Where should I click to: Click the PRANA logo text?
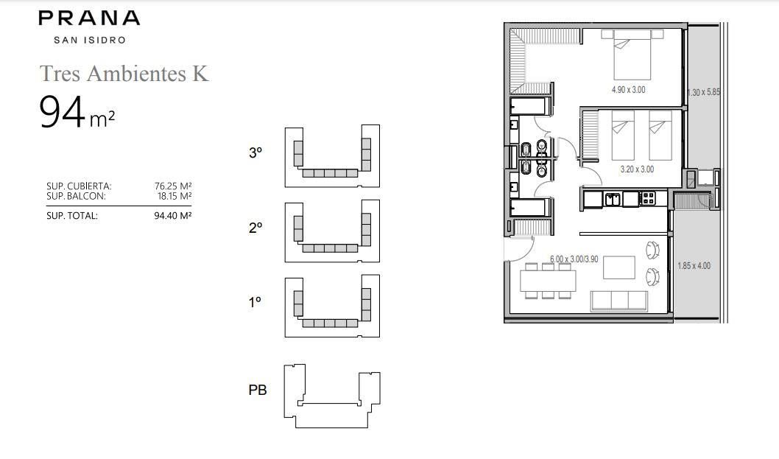[89, 18]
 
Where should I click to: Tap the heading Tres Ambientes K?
[124, 73]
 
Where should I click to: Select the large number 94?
[62, 113]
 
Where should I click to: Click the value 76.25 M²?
[173, 186]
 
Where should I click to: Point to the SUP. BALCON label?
[76, 197]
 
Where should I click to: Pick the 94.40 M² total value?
[173, 216]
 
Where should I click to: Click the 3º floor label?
[255, 153]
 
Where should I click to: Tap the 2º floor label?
[255, 228]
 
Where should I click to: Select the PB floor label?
[258, 390]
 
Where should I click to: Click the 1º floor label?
[255, 302]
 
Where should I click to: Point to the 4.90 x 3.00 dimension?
[629, 90]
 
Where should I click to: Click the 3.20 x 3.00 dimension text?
[637, 169]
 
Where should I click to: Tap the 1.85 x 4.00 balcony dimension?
[694, 265]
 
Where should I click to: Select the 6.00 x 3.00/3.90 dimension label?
[574, 259]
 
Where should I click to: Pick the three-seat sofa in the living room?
[619, 301]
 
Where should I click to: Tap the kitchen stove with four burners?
[648, 199]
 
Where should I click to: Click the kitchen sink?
[612, 199]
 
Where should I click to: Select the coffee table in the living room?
[619, 267]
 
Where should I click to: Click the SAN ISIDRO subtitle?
[90, 41]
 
